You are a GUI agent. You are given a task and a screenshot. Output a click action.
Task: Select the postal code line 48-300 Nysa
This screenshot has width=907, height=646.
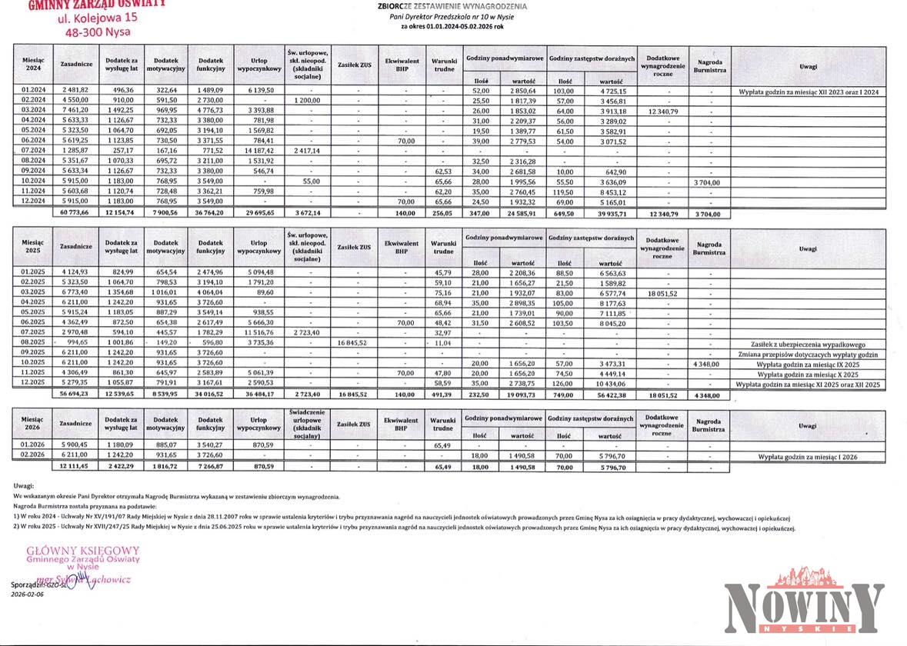98,32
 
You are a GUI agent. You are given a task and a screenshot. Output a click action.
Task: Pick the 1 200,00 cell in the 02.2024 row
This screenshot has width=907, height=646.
307,101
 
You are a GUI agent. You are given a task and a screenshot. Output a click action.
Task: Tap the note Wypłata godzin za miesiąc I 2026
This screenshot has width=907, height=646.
808,458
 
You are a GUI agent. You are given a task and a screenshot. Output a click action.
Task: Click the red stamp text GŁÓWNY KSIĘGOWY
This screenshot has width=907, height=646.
83,551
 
